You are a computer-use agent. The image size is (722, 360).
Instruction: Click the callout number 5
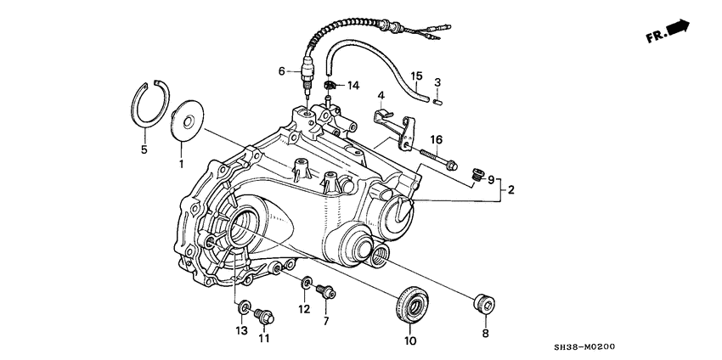(144, 150)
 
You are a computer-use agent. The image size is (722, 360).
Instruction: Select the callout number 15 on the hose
(416, 76)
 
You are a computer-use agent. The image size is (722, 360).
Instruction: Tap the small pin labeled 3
(437, 101)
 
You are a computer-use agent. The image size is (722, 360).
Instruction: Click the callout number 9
(490, 179)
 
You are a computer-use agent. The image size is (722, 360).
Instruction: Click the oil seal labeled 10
(410, 305)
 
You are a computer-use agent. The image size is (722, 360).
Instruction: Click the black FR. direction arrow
(679, 29)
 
